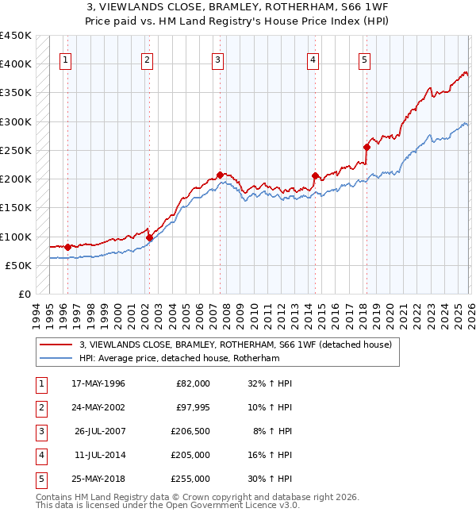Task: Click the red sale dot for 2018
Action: [x=367, y=147]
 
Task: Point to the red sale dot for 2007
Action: [x=220, y=175]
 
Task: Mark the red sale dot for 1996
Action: [x=67, y=247]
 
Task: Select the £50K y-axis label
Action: [x=18, y=265]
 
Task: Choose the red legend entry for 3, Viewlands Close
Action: [x=235, y=345]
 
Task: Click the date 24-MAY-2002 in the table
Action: [x=99, y=407]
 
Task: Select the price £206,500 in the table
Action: [x=191, y=431]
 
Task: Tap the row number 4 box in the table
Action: [x=40, y=455]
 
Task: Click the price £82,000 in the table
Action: [x=194, y=383]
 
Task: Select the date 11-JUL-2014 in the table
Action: [x=100, y=455]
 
